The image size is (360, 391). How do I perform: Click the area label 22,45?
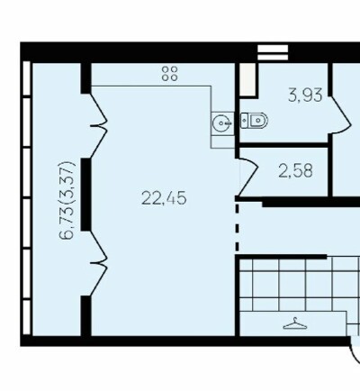tap(164, 198)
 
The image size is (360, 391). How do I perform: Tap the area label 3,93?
tap(305, 95)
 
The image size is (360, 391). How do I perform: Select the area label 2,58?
tap(295, 171)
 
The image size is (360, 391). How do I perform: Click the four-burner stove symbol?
tap(169, 74)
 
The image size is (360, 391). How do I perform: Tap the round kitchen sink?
tap(222, 123)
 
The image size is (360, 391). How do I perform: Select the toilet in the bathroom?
tap(254, 121)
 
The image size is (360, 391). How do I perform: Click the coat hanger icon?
tap(296, 324)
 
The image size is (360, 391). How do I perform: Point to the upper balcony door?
tap(99, 126)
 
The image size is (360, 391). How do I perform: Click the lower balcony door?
tap(99, 263)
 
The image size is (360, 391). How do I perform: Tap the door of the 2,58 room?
tap(247, 177)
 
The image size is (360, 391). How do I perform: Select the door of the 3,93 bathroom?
tap(340, 115)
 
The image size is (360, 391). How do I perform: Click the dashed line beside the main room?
tap(237, 227)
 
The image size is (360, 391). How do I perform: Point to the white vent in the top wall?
tap(273, 52)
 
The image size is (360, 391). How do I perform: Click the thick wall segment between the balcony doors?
tap(86, 195)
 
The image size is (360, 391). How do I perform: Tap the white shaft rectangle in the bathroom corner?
tap(247, 79)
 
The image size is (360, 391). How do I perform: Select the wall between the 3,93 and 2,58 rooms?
tap(283, 145)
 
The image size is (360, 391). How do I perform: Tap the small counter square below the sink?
tap(222, 141)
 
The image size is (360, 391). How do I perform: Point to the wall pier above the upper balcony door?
tap(86, 78)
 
